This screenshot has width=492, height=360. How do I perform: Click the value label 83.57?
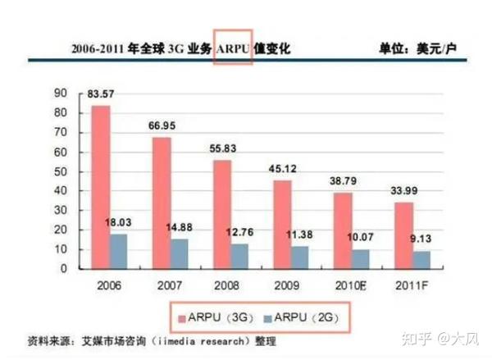pos(102,95)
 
